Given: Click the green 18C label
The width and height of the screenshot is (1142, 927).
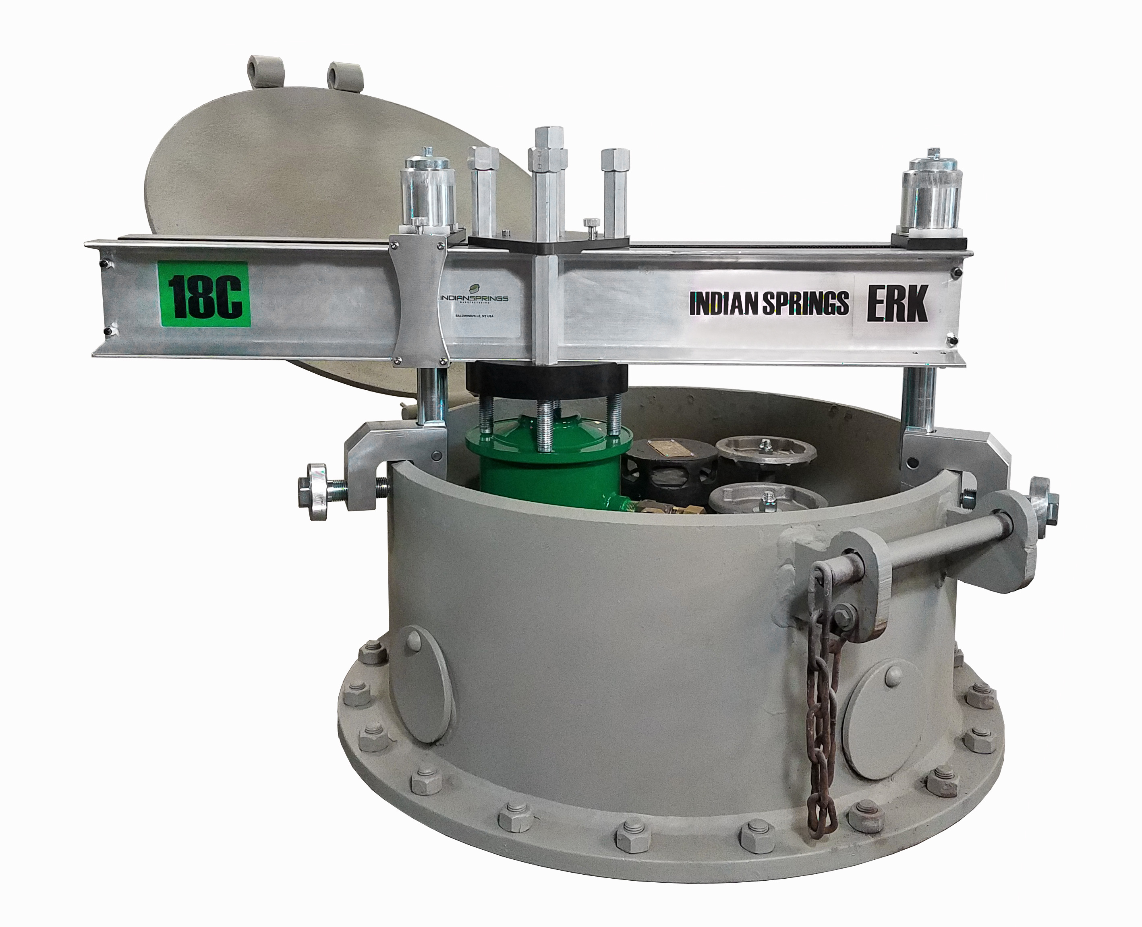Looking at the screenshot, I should (x=203, y=294).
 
